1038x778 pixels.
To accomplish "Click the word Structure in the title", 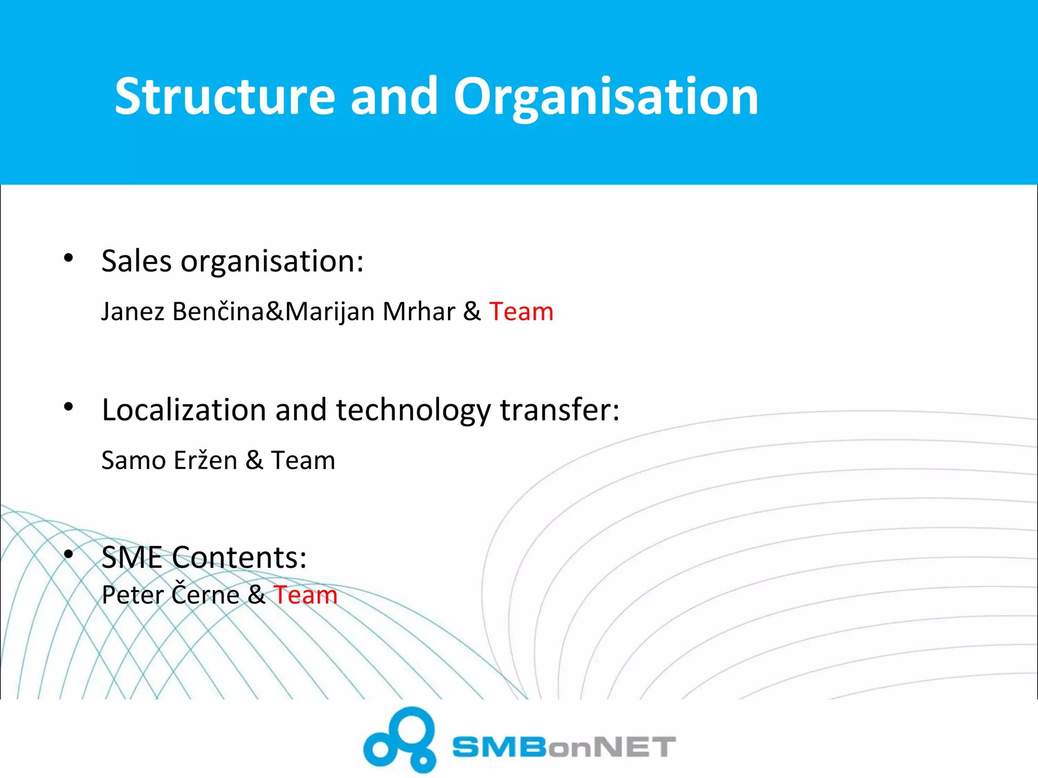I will [x=225, y=96].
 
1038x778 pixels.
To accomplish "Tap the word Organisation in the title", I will [x=606, y=96].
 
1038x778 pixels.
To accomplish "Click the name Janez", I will [x=133, y=312].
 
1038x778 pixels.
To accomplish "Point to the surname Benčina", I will [x=218, y=312].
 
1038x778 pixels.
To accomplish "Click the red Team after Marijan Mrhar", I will [x=521, y=312].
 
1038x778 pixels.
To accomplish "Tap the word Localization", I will [x=184, y=410].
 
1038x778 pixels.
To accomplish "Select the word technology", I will [x=413, y=410].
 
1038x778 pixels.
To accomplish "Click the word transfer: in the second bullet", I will [x=560, y=410].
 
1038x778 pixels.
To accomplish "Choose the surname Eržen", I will [x=205, y=460].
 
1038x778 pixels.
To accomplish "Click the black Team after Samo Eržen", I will [x=303, y=460].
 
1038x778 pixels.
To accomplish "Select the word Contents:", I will [x=239, y=558].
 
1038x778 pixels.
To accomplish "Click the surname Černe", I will [x=205, y=594].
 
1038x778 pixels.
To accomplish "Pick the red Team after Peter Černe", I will [x=306, y=595].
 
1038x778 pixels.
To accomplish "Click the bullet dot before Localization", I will [x=69, y=407].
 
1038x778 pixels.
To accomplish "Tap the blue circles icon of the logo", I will [x=400, y=740].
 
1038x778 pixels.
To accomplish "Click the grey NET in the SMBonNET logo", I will [x=634, y=747].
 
